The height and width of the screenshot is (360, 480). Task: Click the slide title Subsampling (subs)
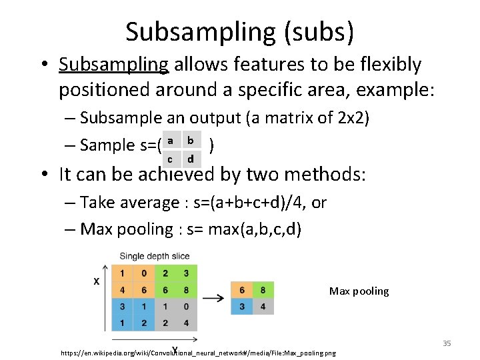tap(239, 31)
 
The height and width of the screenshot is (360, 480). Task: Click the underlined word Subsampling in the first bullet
tap(113, 65)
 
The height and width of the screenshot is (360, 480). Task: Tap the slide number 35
tap(447, 343)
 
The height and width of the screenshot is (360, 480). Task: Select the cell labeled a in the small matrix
tap(171, 141)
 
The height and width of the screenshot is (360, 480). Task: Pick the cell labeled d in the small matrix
tap(191, 159)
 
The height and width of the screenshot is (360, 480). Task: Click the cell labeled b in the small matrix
tap(191, 141)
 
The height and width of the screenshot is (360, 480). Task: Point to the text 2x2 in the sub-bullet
tap(352, 118)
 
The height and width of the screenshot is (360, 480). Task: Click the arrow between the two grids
tap(213, 297)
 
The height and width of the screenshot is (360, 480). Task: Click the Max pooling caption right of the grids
tap(359, 291)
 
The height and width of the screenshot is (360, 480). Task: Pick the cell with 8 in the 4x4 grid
tap(186, 290)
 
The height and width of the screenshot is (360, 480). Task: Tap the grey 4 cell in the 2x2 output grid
tap(262, 307)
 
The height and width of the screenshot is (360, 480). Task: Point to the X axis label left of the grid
tap(97, 281)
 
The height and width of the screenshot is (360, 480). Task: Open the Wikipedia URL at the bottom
tap(198, 352)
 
